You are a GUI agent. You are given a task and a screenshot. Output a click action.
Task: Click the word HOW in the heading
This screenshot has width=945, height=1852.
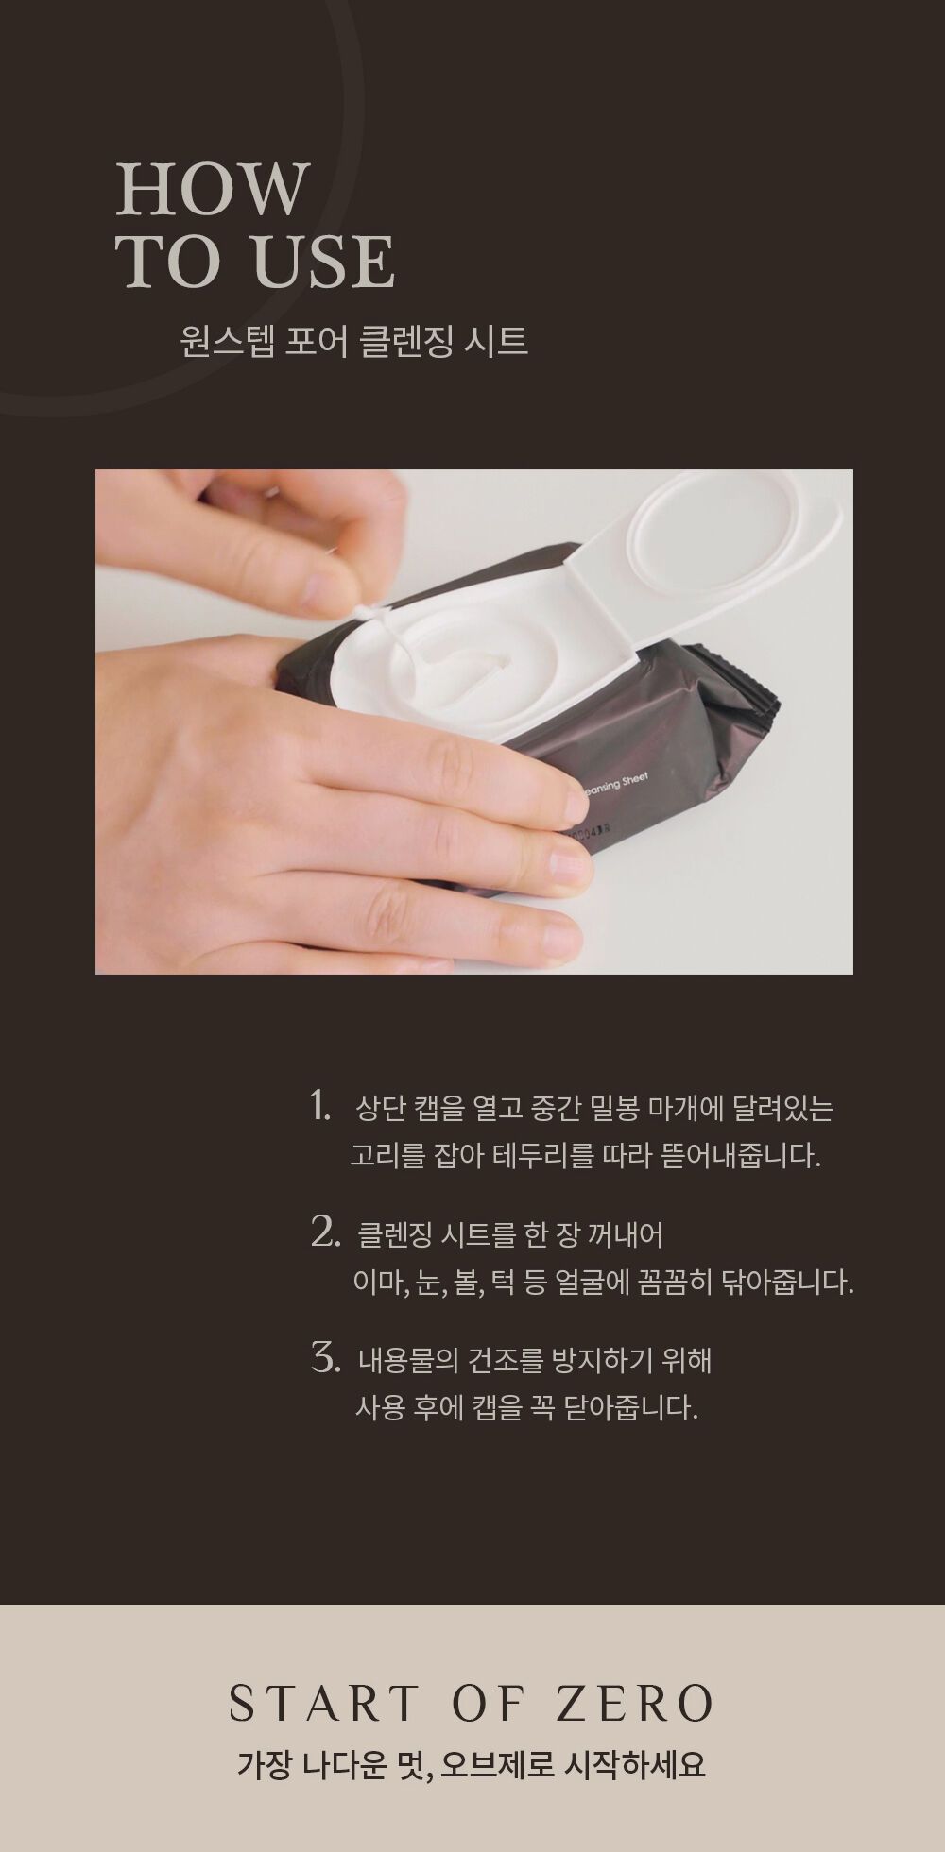click(213, 189)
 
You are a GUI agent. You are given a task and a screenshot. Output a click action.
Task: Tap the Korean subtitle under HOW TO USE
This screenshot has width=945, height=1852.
click(353, 341)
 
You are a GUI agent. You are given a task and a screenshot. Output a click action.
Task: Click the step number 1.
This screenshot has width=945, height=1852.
click(320, 1105)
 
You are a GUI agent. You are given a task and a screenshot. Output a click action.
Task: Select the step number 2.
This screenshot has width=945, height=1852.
click(324, 1232)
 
